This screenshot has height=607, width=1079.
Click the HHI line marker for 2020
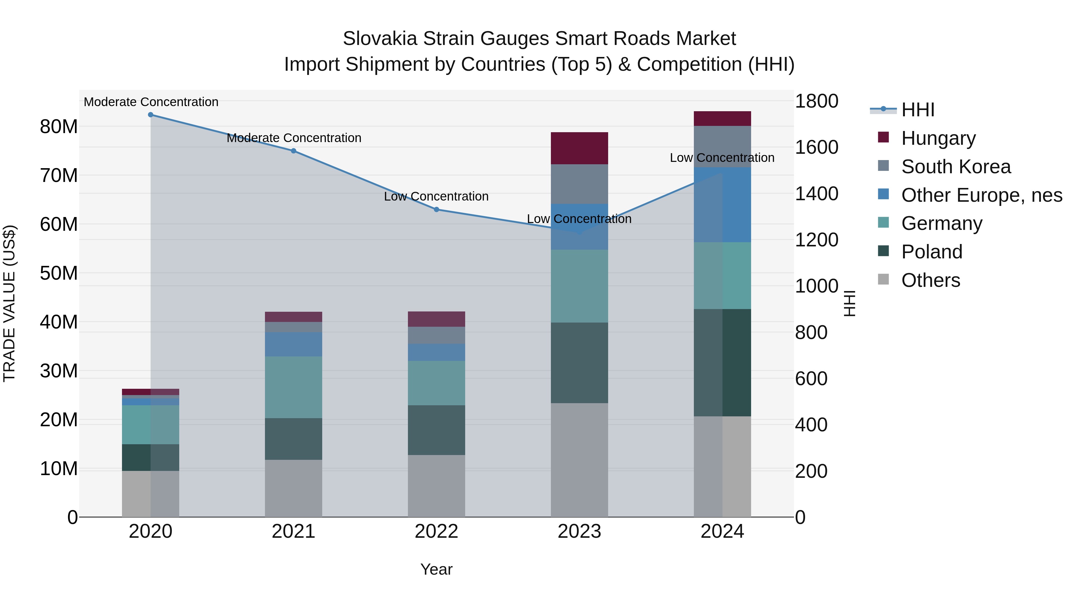click(150, 115)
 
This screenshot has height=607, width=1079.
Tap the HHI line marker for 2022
click(436, 210)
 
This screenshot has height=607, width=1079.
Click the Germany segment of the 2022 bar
click(436, 382)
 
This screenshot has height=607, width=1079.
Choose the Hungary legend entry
click(938, 138)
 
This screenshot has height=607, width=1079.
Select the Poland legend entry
click(932, 252)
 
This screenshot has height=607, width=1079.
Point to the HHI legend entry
click(917, 110)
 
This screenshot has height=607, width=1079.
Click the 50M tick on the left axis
click(59, 273)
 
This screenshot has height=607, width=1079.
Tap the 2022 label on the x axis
click(436, 531)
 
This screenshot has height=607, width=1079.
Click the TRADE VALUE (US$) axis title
click(9, 303)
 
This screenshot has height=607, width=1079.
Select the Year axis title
click(436, 569)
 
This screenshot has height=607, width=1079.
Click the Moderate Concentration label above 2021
click(294, 138)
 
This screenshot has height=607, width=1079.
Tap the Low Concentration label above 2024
click(722, 158)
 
